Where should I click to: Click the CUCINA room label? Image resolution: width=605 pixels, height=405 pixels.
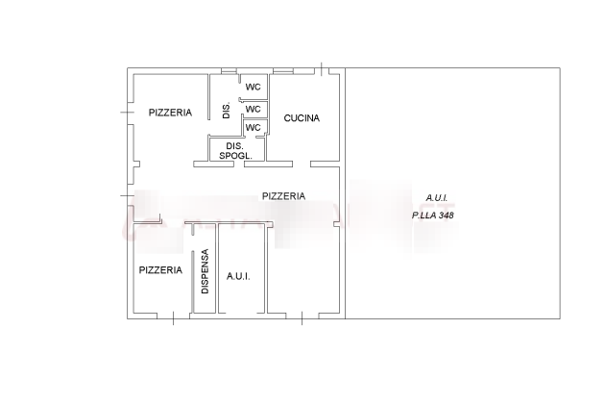pyautogui.click(x=302, y=118)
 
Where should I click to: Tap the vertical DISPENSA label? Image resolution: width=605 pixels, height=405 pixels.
pyautogui.click(x=205, y=271)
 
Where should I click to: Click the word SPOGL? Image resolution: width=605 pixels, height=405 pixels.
pyautogui.click(x=235, y=156)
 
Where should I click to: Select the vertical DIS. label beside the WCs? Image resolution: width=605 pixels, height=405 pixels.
pyautogui.click(x=227, y=111)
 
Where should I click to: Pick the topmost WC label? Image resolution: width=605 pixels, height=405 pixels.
pyautogui.click(x=254, y=87)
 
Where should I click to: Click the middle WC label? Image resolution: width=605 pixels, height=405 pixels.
pyautogui.click(x=254, y=110)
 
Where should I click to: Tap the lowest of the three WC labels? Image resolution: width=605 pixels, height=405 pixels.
pyautogui.click(x=254, y=128)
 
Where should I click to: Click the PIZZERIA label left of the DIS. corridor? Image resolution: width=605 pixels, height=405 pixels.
pyautogui.click(x=170, y=113)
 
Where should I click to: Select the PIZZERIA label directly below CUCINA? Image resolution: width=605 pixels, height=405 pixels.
pyautogui.click(x=283, y=196)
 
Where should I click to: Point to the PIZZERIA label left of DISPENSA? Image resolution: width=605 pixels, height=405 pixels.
pyautogui.click(x=160, y=269)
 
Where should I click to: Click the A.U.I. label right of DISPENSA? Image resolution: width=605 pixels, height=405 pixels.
pyautogui.click(x=238, y=276)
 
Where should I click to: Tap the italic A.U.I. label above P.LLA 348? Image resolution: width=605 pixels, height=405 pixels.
pyautogui.click(x=436, y=198)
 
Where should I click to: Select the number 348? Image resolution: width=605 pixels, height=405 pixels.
pyautogui.click(x=446, y=215)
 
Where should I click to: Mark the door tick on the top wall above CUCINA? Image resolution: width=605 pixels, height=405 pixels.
pyautogui.click(x=322, y=69)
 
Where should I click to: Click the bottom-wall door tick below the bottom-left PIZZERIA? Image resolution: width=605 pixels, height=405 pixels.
pyautogui.click(x=173, y=318)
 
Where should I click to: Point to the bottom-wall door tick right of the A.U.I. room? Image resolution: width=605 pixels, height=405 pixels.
pyautogui.click(x=302, y=318)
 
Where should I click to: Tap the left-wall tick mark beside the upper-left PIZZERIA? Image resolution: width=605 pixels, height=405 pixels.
pyautogui.click(x=127, y=113)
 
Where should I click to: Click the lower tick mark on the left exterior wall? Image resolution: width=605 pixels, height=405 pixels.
pyautogui.click(x=127, y=195)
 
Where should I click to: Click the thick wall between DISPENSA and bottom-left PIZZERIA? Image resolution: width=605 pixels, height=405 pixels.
pyautogui.click(x=192, y=281)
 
